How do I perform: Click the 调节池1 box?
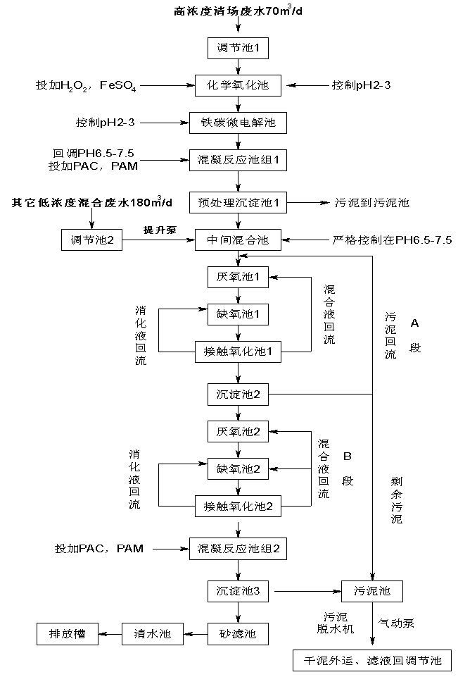(x=238, y=49)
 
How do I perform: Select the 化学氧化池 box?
(x=238, y=85)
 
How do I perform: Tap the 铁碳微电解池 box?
(x=238, y=123)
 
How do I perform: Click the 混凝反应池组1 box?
(x=238, y=160)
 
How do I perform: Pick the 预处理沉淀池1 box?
(x=238, y=203)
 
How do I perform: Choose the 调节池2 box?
(x=92, y=240)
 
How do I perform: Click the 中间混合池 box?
(x=238, y=240)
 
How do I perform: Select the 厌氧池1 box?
(x=238, y=277)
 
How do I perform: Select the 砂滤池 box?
(x=238, y=633)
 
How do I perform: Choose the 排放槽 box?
(x=68, y=633)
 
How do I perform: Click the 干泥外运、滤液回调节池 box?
(x=372, y=661)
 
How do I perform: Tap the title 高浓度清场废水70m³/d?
(x=239, y=12)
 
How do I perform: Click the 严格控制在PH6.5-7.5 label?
(x=392, y=240)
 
